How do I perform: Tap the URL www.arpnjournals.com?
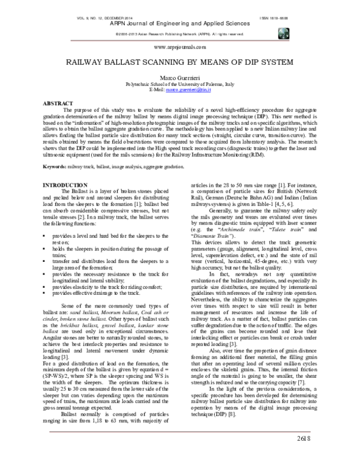pyautogui.click(x=180, y=46)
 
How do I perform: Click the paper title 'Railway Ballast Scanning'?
pyautogui.click(x=180, y=61)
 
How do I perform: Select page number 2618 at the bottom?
pyautogui.click(x=306, y=440)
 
